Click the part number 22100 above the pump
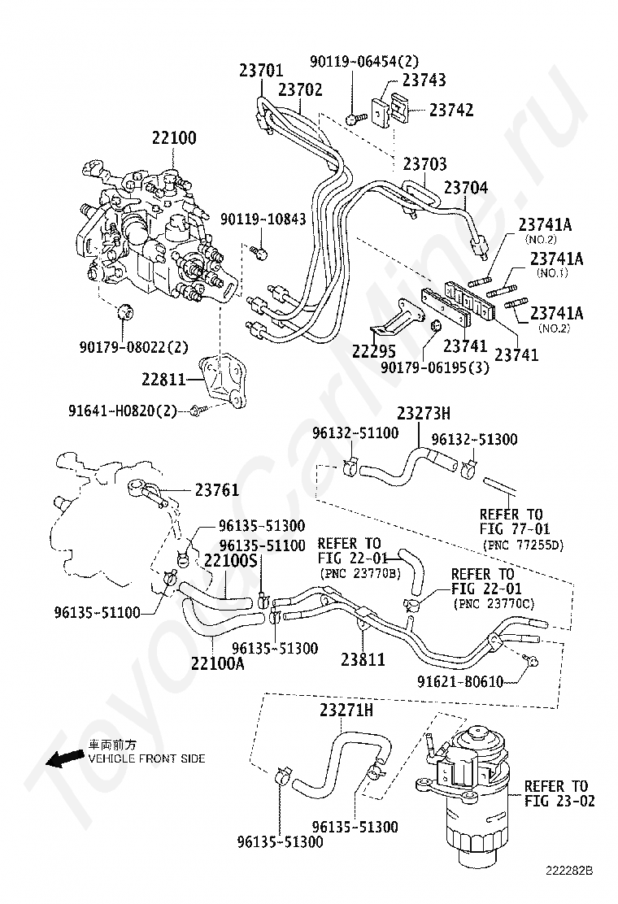pos(174,137)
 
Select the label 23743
pos(424,80)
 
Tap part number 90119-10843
pos(263,219)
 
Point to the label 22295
pos(374,350)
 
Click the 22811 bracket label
pos(164,380)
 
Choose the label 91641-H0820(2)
pos(122,411)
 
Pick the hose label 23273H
pos(424,413)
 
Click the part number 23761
pos(217,490)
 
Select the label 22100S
pos(231,560)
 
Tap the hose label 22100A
pos(218,663)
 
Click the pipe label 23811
pos(363,659)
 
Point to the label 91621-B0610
pos(460,682)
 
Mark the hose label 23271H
pos(346,711)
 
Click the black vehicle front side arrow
pos(64,759)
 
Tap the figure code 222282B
pos(569,886)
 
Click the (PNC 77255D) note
pos(523,544)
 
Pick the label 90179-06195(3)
pos(435,367)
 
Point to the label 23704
pos(466,187)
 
